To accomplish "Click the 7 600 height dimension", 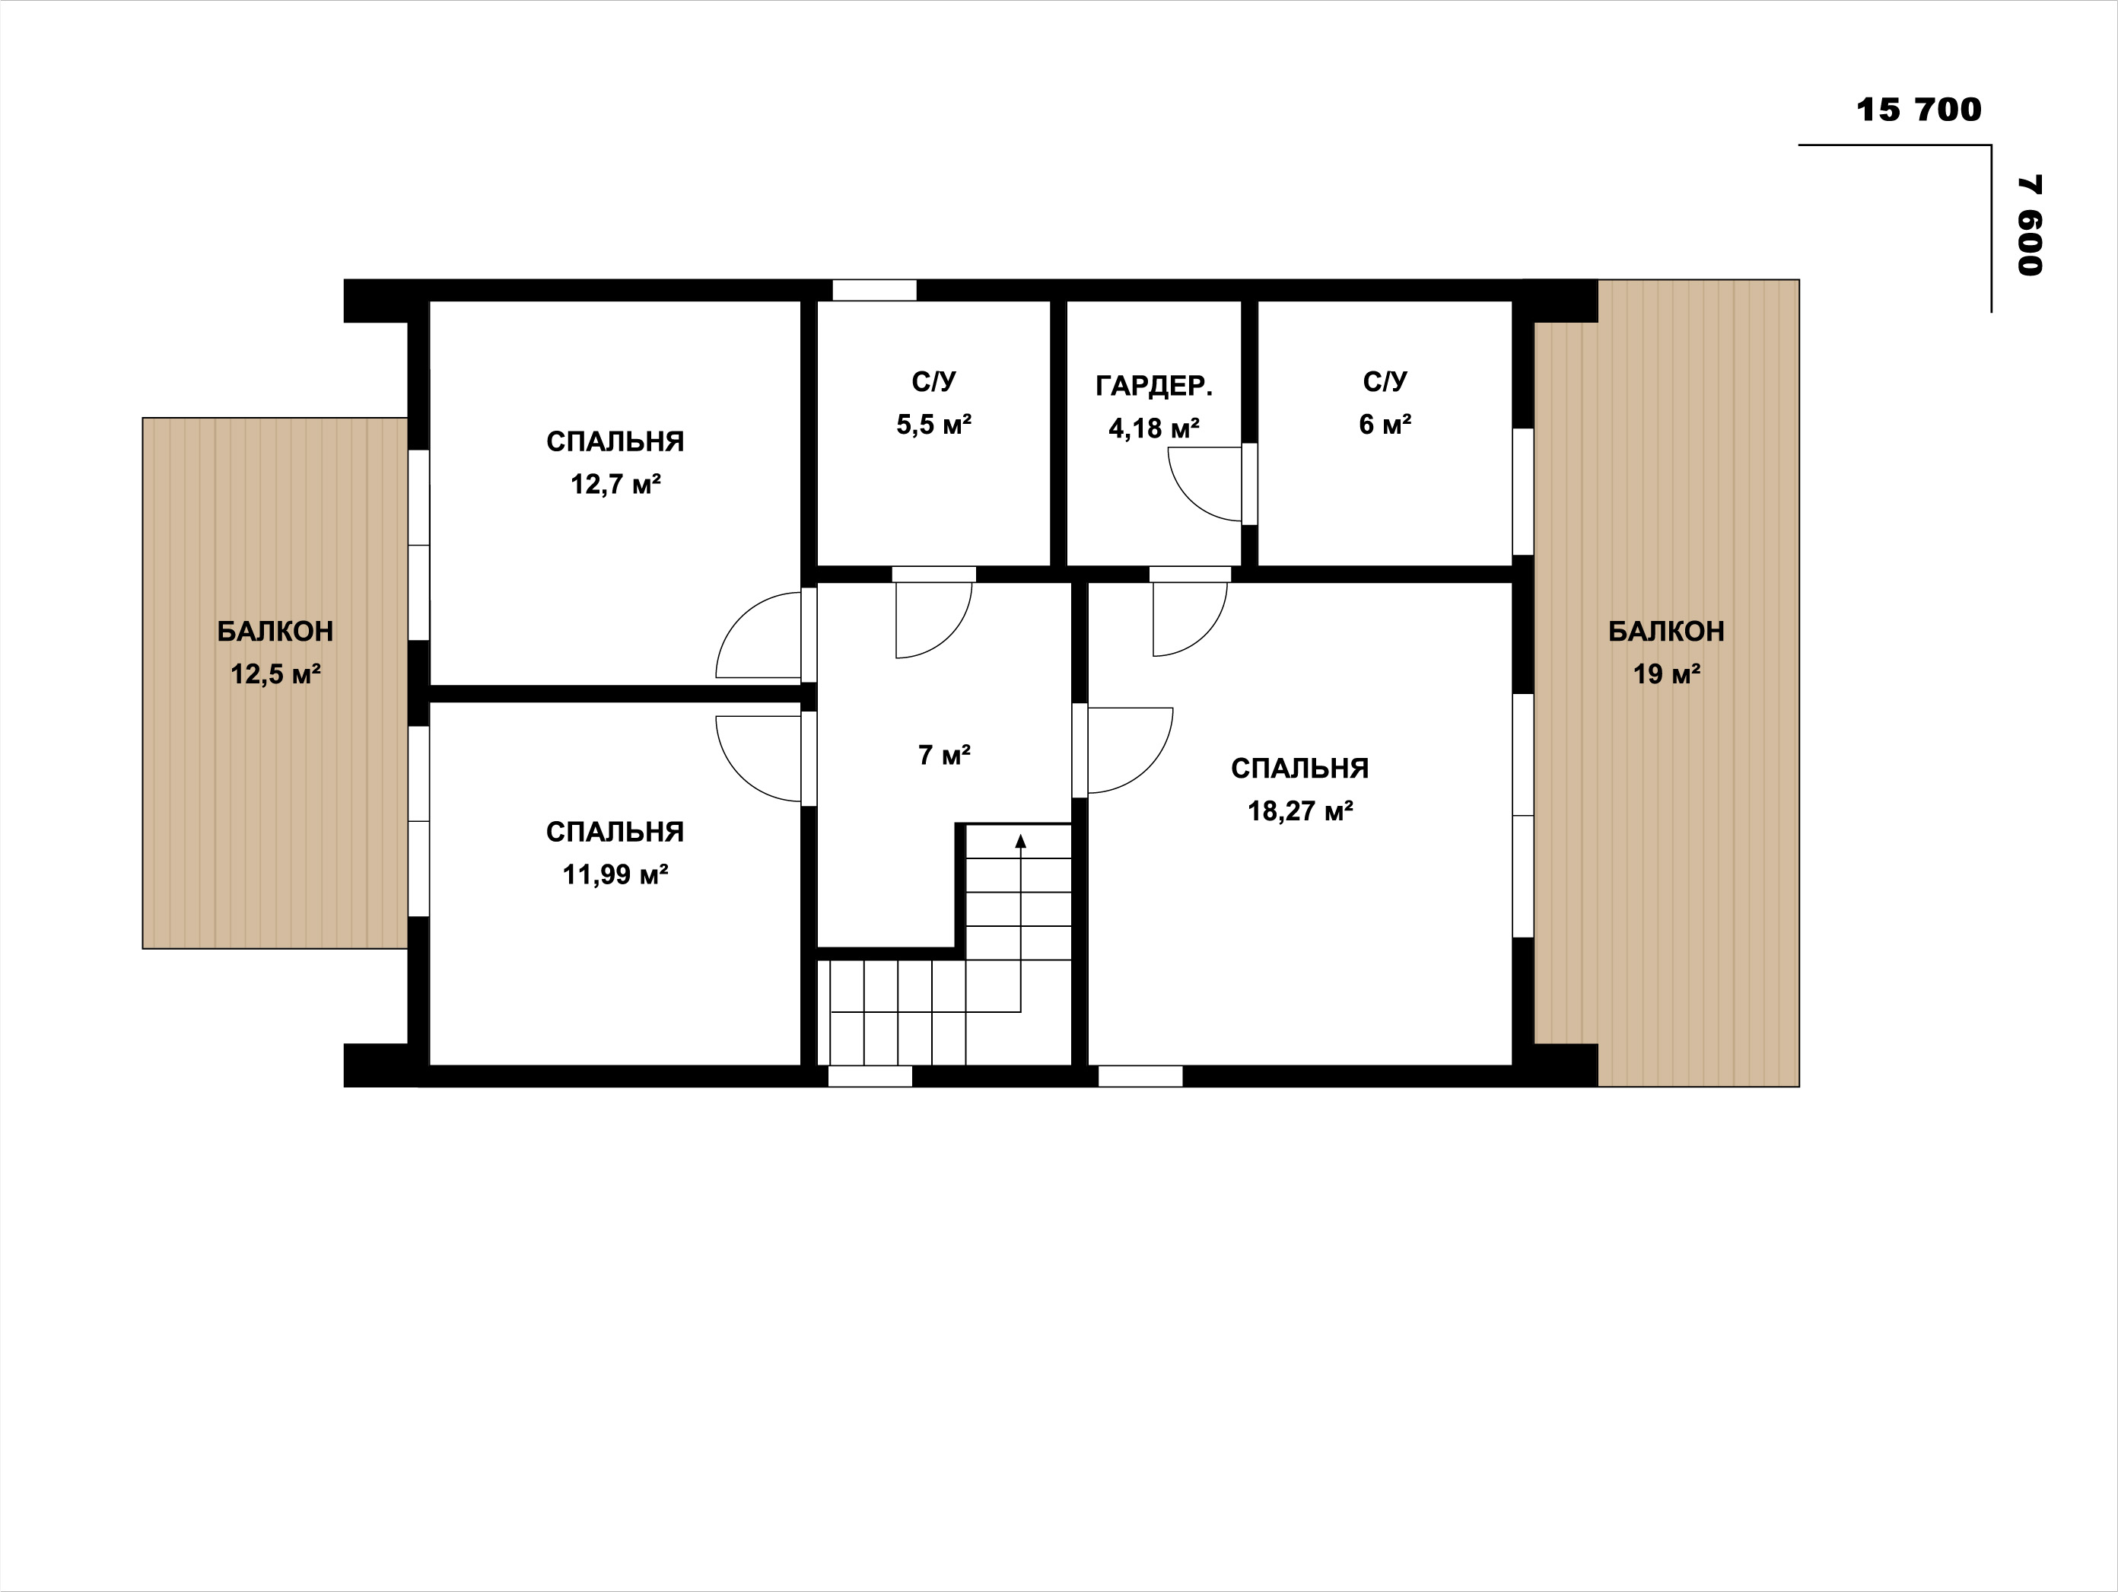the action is (x=2030, y=225).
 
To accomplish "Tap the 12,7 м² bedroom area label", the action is (x=615, y=485).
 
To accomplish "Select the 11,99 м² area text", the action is (x=615, y=874).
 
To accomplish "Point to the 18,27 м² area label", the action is (x=1299, y=811).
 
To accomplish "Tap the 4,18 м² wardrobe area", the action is (x=1154, y=428).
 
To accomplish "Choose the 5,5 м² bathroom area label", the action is (x=933, y=425).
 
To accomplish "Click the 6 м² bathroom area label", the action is (x=1385, y=425).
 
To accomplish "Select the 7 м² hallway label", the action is (x=944, y=756).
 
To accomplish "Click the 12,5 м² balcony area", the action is (x=275, y=674).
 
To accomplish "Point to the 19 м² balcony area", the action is (x=1666, y=674).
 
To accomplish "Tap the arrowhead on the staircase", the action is (x=1021, y=841).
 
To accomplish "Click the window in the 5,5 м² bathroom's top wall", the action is (x=873, y=289).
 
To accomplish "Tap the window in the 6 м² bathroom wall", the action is (x=1522, y=492).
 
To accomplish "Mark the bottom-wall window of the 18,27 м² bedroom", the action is (x=1140, y=1076).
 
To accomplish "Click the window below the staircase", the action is (x=870, y=1076).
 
